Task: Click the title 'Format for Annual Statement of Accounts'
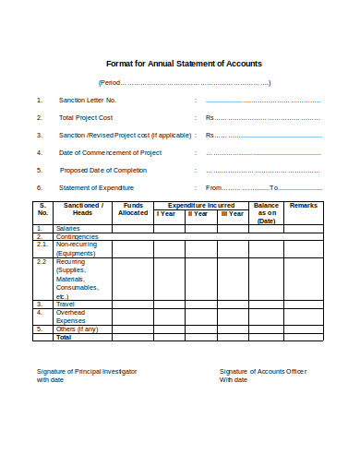pyautogui.click(x=184, y=64)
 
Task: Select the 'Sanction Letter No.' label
pyautogui.click(x=88, y=100)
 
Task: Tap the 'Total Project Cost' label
pyautogui.click(x=87, y=117)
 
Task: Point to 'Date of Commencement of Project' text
pyautogui.click(x=110, y=152)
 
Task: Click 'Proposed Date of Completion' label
pyautogui.click(x=104, y=170)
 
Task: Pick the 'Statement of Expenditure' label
pyautogui.click(x=96, y=187)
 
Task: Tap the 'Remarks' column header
pyautogui.click(x=304, y=205)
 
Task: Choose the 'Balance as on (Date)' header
pyautogui.click(x=267, y=213)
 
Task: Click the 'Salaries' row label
pyautogui.click(x=67, y=228)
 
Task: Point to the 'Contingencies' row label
pyautogui.click(x=77, y=236)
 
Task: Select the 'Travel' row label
pyautogui.click(x=66, y=303)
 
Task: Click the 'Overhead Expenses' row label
pyautogui.click(x=71, y=316)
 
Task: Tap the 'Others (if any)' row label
pyautogui.click(x=76, y=329)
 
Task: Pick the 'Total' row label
pyautogui.click(x=64, y=337)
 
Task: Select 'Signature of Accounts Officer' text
pyautogui.click(x=263, y=370)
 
